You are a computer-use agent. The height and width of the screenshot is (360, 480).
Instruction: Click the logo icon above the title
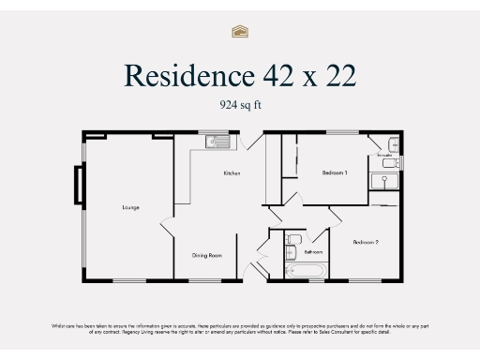coord(240,31)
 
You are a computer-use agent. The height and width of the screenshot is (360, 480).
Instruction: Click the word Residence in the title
coord(178,74)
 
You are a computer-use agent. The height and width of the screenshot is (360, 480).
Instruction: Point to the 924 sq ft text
coord(240,105)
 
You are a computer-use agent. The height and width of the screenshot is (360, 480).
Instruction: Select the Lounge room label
coord(130,206)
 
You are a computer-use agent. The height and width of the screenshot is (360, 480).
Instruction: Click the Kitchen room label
coord(232,173)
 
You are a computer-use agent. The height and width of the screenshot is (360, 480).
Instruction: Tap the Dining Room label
coord(206,255)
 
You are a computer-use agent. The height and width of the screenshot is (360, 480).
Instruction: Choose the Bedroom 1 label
coord(335,173)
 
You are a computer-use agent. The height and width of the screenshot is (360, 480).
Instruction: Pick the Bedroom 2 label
coord(366,243)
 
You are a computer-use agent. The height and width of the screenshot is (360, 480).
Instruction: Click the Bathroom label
coord(313,253)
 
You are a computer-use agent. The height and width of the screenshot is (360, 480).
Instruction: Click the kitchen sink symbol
coord(217,142)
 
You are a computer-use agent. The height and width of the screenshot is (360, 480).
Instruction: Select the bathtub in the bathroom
coord(306,271)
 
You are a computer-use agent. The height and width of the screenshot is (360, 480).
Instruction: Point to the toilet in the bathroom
coord(292,239)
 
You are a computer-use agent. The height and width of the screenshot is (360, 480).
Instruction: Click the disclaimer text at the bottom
coord(240,328)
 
